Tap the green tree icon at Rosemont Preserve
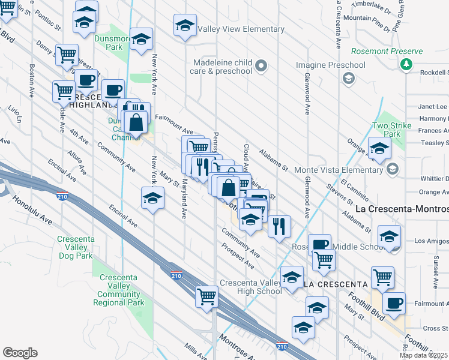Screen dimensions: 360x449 coord(407,64)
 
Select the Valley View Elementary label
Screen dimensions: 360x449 coord(232,29)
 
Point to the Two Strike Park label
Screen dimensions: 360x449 coord(386,130)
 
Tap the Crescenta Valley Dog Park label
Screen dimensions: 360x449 coord(76,247)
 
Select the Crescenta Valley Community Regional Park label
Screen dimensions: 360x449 coord(119,290)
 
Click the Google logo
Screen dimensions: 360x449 coord(20,353)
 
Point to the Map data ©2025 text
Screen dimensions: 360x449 coord(423,355)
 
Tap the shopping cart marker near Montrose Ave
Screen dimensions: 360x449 coord(206,296)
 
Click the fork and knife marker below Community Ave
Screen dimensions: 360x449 coord(279,226)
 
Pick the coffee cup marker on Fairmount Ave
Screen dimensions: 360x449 coord(393,303)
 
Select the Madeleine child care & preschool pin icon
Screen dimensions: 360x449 coord(261,65)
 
